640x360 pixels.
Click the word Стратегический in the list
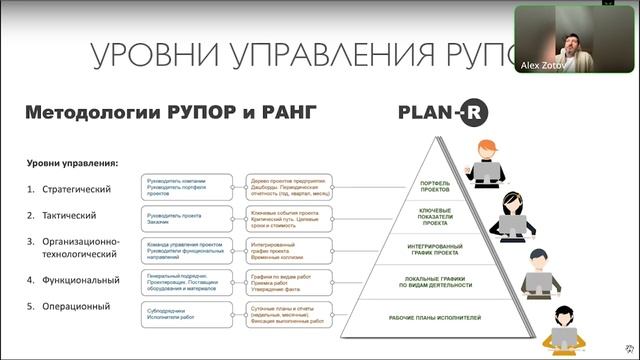pos(69,189)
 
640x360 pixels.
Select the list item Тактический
pos(62,215)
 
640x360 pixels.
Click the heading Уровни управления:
pos(72,162)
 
